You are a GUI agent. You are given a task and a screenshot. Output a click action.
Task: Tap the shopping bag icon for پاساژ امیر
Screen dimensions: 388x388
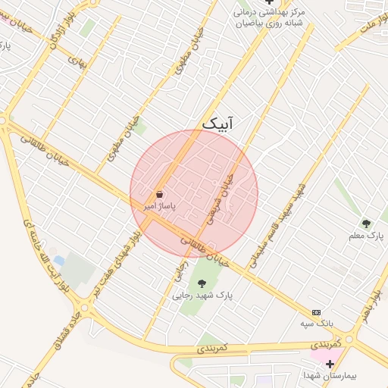[x=158, y=195]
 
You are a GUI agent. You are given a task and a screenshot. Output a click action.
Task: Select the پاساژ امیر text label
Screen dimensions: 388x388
[x=160, y=206]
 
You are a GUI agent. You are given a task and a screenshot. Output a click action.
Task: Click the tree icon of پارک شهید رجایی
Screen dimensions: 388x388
[x=201, y=283]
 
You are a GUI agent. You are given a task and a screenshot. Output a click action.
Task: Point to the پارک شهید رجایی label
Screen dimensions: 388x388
[x=203, y=296]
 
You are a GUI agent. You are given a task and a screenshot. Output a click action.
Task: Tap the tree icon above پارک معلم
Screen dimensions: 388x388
[x=366, y=224]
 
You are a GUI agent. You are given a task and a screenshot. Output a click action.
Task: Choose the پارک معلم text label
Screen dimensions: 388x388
[x=367, y=236]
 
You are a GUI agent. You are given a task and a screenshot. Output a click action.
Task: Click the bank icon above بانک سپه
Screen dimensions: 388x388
[x=316, y=312]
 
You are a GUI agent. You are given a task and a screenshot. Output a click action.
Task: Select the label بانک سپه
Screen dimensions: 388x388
[x=316, y=324]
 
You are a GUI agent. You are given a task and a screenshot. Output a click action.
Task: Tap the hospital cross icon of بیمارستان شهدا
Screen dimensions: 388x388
[x=330, y=365]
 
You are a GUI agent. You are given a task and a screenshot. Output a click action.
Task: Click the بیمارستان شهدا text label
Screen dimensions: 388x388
[x=330, y=376]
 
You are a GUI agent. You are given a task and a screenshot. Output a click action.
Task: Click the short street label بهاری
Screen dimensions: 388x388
[x=78, y=61]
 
